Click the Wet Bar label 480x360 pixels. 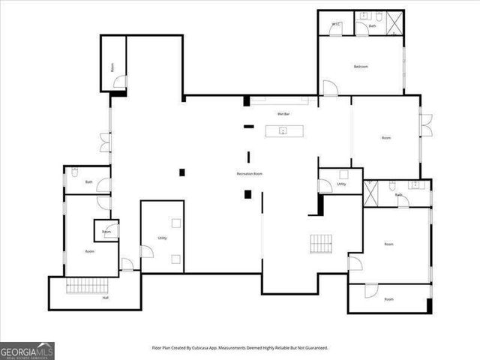point(283,114)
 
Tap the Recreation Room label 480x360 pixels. point(249,174)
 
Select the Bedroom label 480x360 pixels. point(361,67)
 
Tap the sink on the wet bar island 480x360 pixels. point(284,131)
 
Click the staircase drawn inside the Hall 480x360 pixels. point(88,285)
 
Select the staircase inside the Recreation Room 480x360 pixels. point(321,244)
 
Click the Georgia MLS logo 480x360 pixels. point(27,350)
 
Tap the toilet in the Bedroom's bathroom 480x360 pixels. point(379,16)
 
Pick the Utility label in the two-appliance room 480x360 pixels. point(162,238)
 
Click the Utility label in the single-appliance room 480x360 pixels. point(341,184)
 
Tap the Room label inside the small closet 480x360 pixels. point(106,232)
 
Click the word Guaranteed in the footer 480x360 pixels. point(313,348)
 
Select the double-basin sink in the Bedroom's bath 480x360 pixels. point(364,16)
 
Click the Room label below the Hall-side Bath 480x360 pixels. point(89,251)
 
